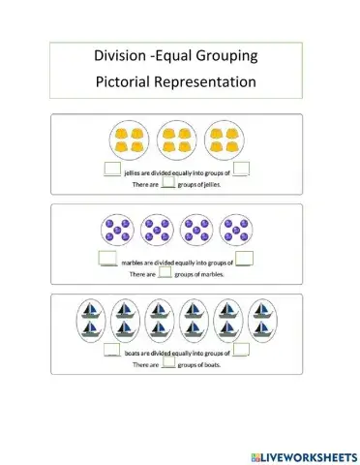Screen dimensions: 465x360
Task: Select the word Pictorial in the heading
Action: coord(128,81)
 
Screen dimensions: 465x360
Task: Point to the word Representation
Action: coord(211,81)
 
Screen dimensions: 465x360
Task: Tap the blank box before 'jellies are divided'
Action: coord(111,170)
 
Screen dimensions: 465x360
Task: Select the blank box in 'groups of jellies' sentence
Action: coord(167,184)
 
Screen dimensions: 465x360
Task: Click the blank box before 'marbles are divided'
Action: coord(107,259)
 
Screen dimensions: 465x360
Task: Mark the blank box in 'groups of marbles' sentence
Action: coord(165,273)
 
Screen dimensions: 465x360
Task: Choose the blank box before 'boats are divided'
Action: coord(111,350)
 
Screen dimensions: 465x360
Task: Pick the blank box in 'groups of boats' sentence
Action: coord(168,364)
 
